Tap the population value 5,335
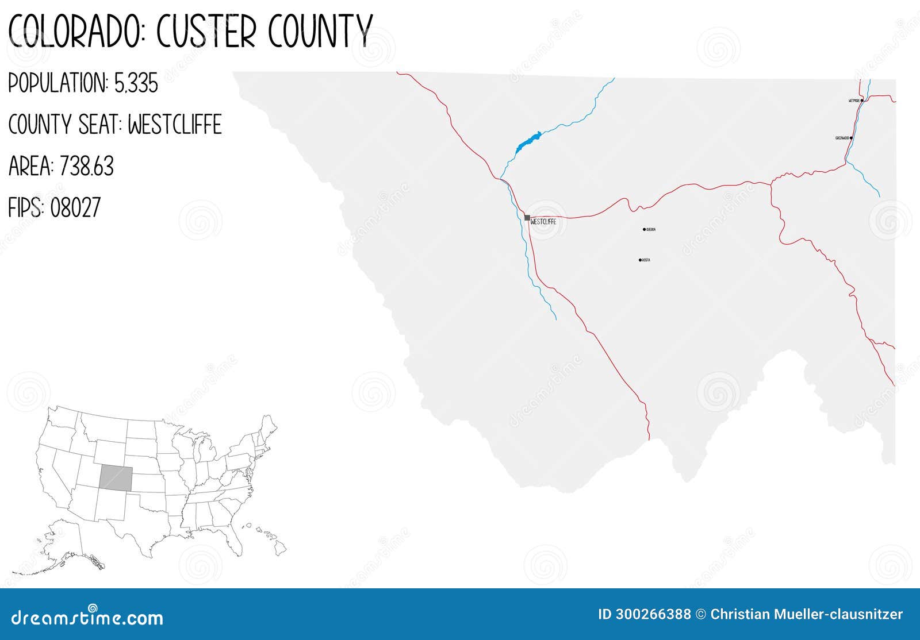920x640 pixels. tap(136, 84)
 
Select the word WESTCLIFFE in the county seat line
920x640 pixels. tap(174, 125)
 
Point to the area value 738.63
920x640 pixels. tap(86, 167)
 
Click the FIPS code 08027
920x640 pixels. tap(75, 207)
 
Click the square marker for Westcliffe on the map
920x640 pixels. tap(527, 218)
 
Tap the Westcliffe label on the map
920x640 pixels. tap(543, 222)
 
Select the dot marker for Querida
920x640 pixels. tap(644, 229)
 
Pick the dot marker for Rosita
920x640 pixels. tap(640, 260)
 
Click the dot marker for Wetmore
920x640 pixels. tap(862, 101)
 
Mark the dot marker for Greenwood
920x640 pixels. tap(850, 138)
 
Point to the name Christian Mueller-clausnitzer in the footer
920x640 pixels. tap(806, 614)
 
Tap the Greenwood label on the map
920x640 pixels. tap(842, 138)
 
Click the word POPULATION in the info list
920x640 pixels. tap(57, 84)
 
